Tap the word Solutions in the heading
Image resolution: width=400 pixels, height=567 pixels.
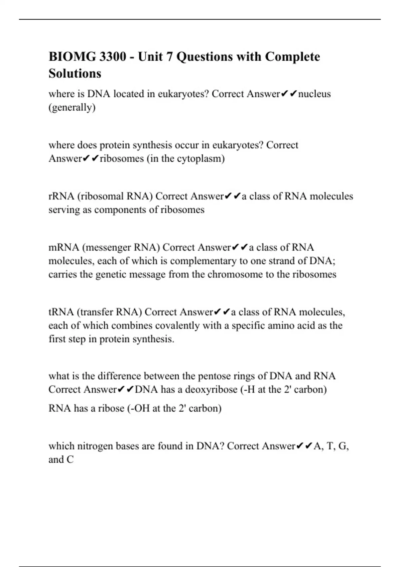point(75,73)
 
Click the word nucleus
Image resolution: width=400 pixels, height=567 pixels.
point(314,94)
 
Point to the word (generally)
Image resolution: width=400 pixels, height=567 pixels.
point(72,108)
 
